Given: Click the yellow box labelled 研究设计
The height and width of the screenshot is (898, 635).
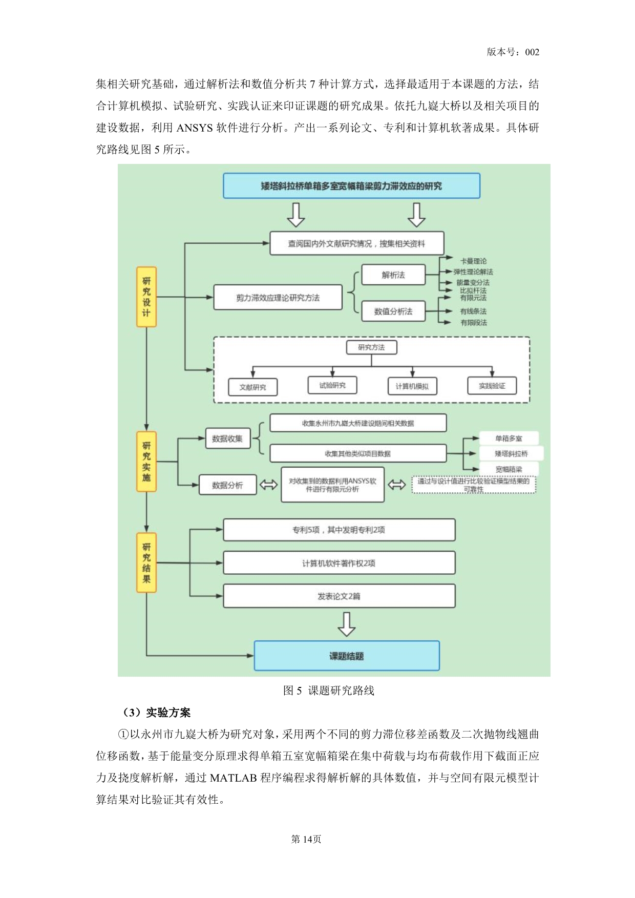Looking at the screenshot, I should coord(146,297).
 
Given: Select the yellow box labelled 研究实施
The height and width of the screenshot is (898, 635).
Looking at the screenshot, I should coord(146,461).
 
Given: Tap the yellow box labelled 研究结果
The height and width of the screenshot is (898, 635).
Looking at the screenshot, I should coord(146,562).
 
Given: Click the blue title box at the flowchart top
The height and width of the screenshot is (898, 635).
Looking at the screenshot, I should coord(351,186).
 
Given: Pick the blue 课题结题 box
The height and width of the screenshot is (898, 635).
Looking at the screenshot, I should coord(347,656).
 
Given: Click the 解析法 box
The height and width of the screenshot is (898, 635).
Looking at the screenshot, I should coord(393,275).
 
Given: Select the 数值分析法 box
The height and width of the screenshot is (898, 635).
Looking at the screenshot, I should coord(393,311).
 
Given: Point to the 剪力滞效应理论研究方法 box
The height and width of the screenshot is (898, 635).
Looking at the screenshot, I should coord(278,298).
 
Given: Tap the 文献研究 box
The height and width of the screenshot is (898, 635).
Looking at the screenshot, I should coord(252,387).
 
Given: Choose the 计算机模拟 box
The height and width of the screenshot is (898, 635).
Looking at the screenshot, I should coord(412,386).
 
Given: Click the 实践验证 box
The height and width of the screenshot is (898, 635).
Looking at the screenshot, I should coord(492,386).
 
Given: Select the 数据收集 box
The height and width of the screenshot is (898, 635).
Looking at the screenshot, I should coord(227,438).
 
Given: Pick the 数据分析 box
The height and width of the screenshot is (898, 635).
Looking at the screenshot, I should coord(227,485).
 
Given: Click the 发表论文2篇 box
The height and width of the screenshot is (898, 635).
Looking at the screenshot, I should coord(339,596).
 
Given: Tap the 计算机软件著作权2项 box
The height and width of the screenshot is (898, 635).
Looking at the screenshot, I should coord(339,563).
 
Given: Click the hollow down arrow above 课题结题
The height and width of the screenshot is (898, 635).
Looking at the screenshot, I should coord(347,624).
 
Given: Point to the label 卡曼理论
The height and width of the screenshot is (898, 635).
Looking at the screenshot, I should coord(473,261).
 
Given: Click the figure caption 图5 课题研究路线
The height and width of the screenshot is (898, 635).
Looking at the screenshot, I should coord(329,691).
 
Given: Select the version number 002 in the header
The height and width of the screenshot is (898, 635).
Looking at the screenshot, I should coord(532,52).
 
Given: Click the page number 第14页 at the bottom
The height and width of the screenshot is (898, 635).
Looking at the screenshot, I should coord(306,839).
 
